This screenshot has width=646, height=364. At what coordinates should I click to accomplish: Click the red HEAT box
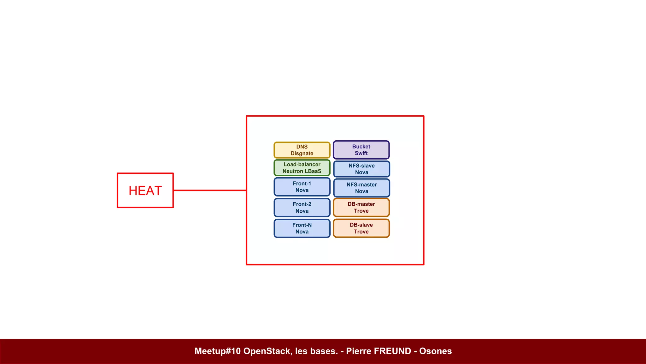click(145, 190)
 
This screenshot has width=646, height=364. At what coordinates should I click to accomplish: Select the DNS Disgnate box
click(302, 150)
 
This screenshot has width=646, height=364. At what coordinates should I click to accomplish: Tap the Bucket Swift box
click(361, 150)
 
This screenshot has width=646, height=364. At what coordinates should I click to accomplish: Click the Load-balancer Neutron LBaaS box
click(302, 168)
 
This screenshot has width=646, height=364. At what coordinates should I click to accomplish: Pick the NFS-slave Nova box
click(361, 169)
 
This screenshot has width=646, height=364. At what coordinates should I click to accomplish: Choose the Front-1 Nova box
click(302, 187)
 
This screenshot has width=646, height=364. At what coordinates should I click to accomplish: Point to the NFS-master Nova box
click(361, 188)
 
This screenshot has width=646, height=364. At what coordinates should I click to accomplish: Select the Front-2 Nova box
click(302, 208)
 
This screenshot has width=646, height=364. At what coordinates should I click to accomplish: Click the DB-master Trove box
click(361, 207)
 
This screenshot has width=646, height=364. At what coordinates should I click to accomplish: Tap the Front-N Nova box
click(302, 228)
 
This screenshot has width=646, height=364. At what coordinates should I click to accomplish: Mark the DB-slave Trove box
click(361, 228)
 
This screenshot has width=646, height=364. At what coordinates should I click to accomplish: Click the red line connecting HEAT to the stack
click(210, 190)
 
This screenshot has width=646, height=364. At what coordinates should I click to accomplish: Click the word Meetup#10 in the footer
click(218, 351)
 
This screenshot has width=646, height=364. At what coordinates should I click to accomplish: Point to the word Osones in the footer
click(435, 351)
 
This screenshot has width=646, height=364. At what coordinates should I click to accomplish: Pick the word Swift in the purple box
click(361, 153)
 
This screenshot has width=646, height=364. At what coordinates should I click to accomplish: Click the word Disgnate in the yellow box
click(302, 154)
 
